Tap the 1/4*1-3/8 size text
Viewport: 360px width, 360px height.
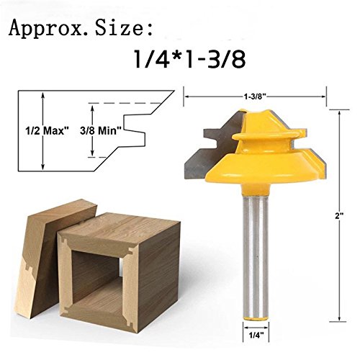tap(189, 59)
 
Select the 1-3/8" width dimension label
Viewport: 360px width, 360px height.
tap(256, 96)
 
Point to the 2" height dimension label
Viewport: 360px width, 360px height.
tap(338, 216)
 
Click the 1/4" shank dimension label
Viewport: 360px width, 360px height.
tap(256, 336)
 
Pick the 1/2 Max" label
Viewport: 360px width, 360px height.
tap(48, 131)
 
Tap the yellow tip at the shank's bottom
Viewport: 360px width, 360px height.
tap(255, 318)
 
